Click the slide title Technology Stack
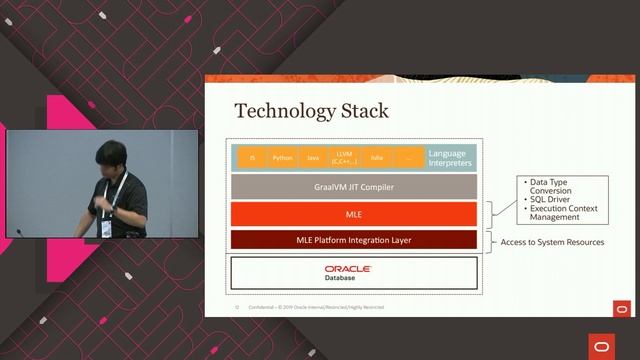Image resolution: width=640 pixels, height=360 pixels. pos(311,110)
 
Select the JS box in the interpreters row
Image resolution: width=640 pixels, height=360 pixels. pos(253,158)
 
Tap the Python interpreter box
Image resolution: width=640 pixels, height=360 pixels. pos(283,158)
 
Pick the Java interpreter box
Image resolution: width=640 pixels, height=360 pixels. pos(313,158)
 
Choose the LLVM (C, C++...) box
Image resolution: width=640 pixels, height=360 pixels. pos(345,158)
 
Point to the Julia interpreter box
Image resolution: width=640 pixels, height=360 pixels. pos(377,158)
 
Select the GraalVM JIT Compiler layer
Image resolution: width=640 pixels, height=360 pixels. pos(354,186)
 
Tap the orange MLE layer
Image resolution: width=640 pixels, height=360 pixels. pos(354,214)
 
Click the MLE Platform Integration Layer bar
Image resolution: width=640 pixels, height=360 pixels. pos(354,240)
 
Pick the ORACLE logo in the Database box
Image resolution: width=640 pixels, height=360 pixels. pos(347,268)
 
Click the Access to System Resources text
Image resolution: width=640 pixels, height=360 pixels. pos(552,242)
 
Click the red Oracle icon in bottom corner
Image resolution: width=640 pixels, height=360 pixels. pos(603,344)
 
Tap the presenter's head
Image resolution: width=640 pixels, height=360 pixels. pos(109,157)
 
